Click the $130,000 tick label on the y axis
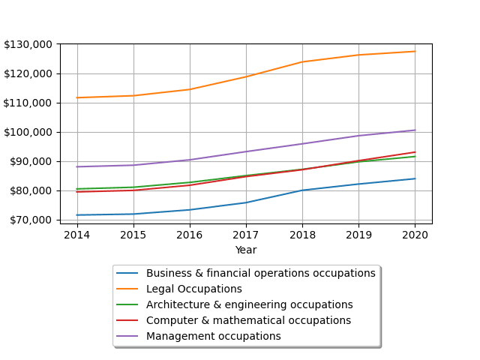coord(28,44)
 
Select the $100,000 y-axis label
coord(28,132)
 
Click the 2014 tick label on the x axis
coord(77,235)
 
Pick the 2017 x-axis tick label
coord(246,235)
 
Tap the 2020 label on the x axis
coord(415,235)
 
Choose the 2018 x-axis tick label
coord(302,235)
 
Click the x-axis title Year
coord(246,250)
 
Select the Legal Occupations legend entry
coord(193,289)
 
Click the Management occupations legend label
coord(213,337)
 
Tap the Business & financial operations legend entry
coord(260,274)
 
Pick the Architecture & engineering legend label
coord(249,305)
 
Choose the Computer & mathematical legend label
coord(248,321)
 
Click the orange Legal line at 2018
coord(302,61)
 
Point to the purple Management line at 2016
coord(190,160)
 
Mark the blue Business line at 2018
coord(302,190)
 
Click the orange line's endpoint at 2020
coord(415,51)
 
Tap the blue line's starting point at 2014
coord(77,215)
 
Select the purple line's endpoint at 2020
coord(415,130)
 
